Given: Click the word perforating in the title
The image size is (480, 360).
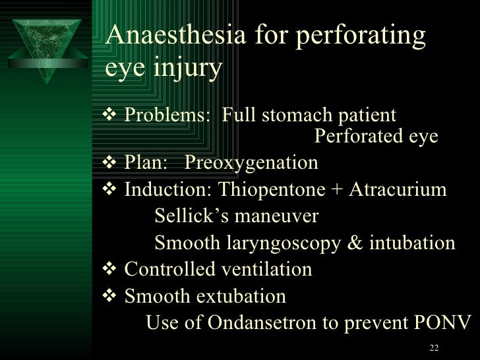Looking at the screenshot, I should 355,38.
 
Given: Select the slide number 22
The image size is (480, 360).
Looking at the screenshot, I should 433,348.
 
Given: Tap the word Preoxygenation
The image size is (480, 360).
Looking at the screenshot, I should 252,162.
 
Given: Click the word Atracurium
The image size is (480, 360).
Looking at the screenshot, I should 398,190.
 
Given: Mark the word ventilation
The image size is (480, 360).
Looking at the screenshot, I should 266,270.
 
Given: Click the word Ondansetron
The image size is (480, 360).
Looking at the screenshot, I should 268,323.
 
